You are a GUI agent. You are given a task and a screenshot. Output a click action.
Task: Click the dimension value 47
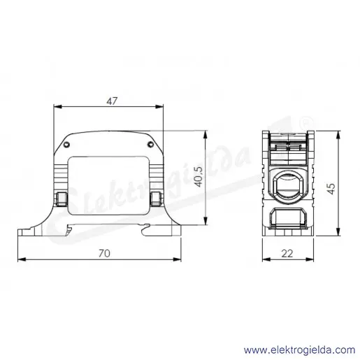pos(112,101)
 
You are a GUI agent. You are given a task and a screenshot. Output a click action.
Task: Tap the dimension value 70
pos(104,254)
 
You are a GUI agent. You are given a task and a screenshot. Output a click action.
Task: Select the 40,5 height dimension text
pos(199,177)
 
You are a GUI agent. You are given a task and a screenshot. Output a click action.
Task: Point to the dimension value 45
pos(331,189)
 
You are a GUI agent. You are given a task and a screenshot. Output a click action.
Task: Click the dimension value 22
pos(287,254)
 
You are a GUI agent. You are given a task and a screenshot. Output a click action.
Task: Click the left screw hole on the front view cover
pos(66,145)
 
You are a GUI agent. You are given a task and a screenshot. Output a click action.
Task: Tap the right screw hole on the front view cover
pos(151,145)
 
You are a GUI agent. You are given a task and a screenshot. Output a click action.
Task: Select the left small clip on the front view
pos(61,199)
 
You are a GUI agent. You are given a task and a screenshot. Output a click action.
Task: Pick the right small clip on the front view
pos(156,199)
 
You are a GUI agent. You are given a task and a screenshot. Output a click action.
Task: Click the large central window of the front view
pos(108,186)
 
